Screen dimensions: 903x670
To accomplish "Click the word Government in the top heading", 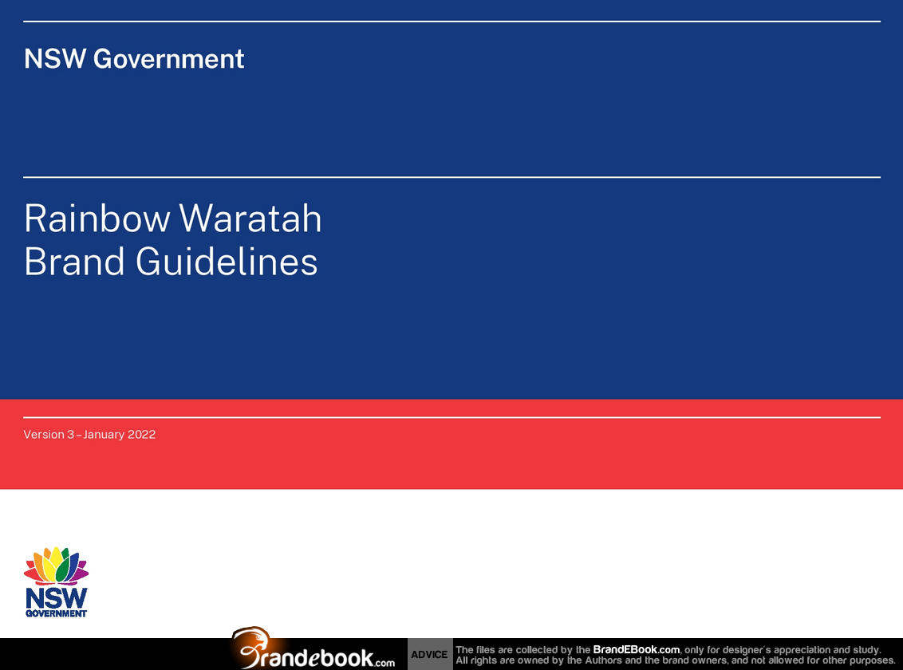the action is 169,59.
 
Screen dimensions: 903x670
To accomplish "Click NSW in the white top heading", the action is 55,59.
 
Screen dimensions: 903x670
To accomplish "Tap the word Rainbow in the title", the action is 97,219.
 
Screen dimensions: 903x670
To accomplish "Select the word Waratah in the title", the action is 250,219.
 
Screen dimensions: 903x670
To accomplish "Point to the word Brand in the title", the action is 74,262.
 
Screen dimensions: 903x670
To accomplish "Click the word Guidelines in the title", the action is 227,262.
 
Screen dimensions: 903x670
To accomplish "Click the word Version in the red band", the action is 44,435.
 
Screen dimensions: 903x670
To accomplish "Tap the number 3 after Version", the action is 70,435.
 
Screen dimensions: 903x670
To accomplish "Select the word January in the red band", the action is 103,436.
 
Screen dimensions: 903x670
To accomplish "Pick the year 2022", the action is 142,435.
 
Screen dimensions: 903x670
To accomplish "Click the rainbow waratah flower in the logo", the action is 56,566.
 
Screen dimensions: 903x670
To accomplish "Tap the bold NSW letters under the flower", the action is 57,599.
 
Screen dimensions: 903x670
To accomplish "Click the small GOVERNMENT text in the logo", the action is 56,613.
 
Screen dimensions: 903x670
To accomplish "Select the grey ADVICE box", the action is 430,654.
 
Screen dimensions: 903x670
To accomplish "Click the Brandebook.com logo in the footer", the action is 313,649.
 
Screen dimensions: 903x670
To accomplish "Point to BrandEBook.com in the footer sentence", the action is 637,649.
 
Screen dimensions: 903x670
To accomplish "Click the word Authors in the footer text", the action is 605,660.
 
